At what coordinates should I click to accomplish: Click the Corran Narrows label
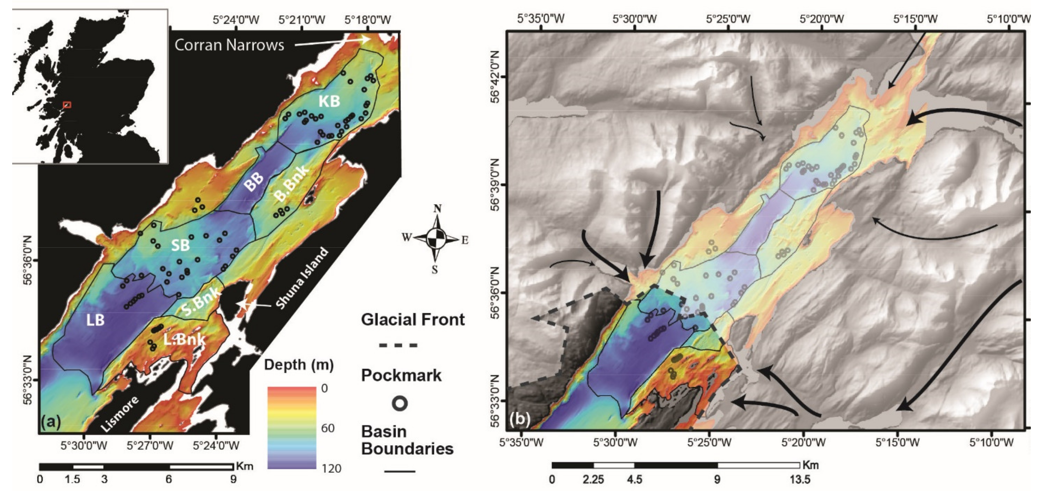229,45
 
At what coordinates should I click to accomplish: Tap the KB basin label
329,101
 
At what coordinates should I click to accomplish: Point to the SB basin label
180,245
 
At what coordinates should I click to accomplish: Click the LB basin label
95,320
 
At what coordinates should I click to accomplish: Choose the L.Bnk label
185,340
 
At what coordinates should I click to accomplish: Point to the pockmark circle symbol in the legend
400,403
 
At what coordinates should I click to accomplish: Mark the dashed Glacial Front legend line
398,345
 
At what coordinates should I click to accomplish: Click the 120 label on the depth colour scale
331,468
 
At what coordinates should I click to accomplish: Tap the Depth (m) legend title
299,365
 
